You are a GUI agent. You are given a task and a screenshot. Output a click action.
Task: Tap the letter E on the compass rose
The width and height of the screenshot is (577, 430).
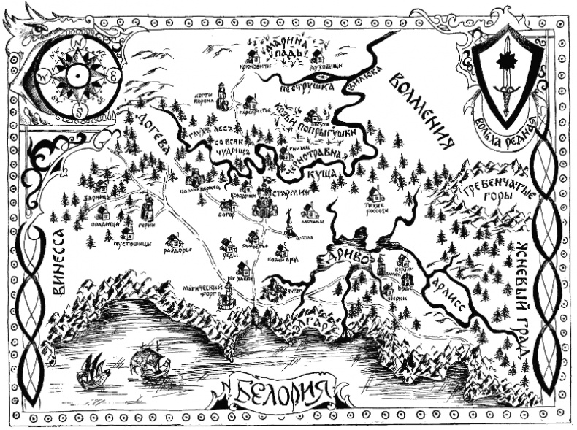click(x=114, y=74)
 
